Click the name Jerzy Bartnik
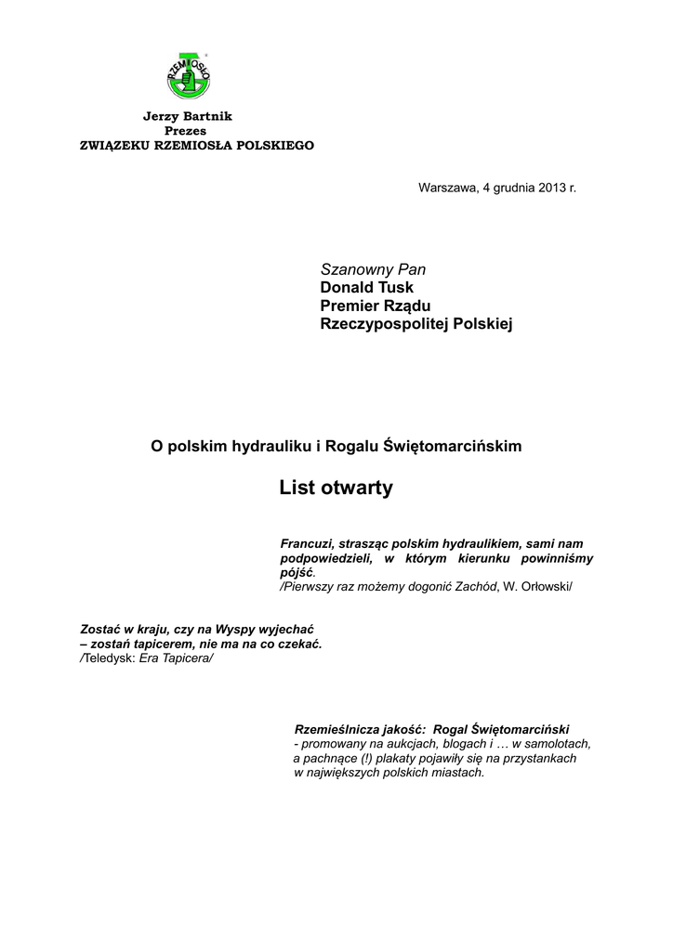coord(187,116)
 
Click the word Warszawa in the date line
coord(446,188)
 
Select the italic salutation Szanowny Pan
coord(373,269)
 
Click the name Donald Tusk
coord(366,288)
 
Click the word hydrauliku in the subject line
coord(268,446)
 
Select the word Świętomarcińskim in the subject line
coord(452,446)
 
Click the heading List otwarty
coord(336,488)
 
